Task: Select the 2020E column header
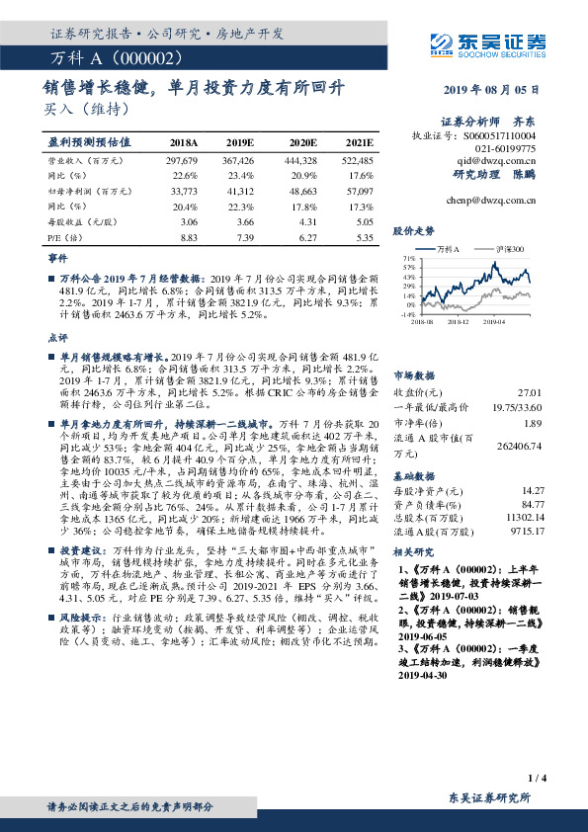coord(300,143)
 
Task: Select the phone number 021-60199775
coord(504,146)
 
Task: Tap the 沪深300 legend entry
coord(504,249)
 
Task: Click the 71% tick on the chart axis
coord(409,257)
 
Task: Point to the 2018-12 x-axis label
coord(458,321)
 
